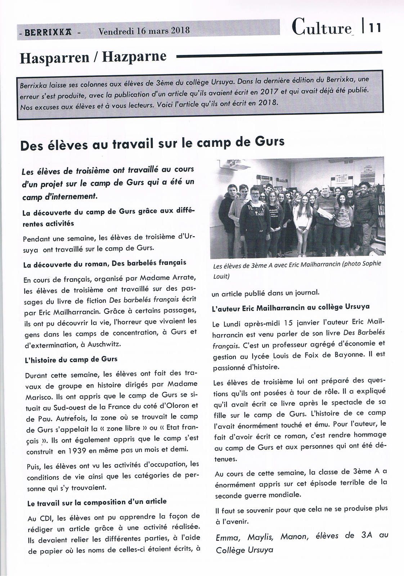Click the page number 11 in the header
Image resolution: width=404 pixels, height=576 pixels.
[x=374, y=28]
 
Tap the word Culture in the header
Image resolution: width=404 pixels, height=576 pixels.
[x=321, y=27]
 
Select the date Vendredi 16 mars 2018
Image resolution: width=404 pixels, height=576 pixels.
[x=144, y=30]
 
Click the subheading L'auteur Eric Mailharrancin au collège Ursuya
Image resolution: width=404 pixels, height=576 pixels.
[x=291, y=307]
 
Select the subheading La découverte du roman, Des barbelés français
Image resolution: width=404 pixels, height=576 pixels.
[x=104, y=263]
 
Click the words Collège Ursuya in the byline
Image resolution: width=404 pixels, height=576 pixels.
[x=244, y=550]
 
